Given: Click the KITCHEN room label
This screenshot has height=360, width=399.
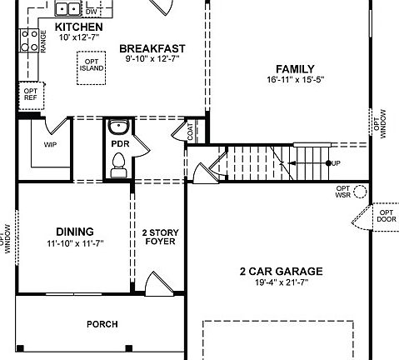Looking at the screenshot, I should click(79, 27).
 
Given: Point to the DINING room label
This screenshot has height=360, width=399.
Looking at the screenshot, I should click(74, 232).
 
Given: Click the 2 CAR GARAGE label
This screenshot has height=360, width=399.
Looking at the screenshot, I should click(281, 271).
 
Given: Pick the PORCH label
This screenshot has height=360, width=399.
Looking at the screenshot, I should click(102, 324).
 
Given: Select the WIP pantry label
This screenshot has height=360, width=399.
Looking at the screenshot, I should click(51, 143).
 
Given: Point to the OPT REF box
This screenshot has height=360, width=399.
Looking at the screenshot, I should click(30, 95).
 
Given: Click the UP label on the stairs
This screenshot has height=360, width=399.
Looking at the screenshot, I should click(336, 162).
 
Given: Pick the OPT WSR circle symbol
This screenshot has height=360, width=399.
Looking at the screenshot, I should click(361, 192).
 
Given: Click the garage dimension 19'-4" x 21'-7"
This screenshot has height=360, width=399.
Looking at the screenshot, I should click(281, 284).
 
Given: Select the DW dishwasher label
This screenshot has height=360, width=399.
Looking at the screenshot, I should click(92, 12).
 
